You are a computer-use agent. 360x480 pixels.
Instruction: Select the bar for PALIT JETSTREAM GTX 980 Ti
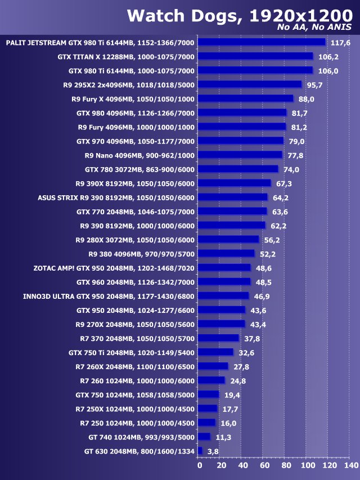(x=262, y=42)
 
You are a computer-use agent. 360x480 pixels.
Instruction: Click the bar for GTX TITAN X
(x=256, y=56)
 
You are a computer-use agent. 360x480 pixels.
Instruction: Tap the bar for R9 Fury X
(x=246, y=98)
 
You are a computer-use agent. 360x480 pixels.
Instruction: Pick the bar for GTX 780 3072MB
(x=238, y=169)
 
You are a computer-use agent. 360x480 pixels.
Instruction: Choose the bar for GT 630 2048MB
(x=200, y=451)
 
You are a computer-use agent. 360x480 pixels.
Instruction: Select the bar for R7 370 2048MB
(x=219, y=338)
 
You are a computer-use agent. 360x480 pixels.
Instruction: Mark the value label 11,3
(x=222, y=437)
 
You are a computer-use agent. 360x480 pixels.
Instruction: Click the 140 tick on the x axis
(x=350, y=466)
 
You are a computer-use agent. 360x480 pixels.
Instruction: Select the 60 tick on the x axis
(x=264, y=466)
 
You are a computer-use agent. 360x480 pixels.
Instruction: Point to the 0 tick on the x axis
(x=199, y=466)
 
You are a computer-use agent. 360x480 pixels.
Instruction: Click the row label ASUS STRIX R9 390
(x=116, y=198)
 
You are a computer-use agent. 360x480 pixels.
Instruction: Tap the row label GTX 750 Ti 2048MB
(x=132, y=352)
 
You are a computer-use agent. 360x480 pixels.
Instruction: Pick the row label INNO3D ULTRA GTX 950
(x=109, y=296)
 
